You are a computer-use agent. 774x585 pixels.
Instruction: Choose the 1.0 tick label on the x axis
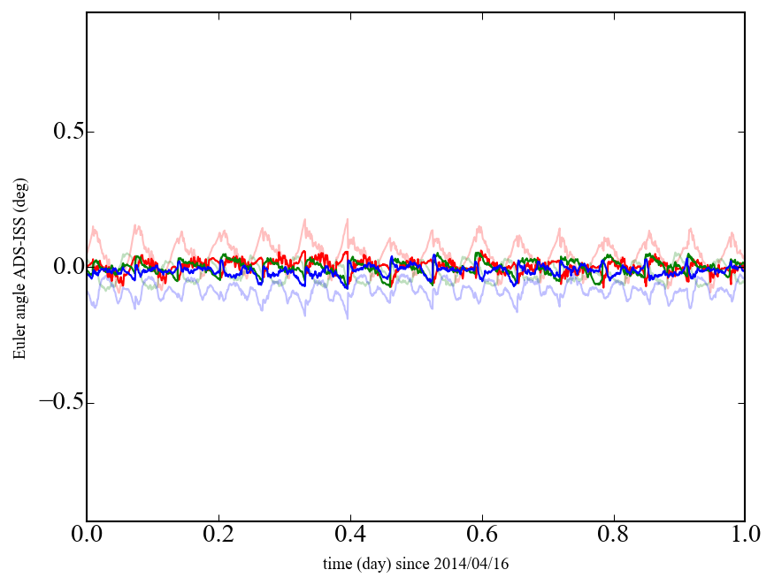coord(744,536)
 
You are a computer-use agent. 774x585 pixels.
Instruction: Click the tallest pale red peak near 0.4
coord(348,219)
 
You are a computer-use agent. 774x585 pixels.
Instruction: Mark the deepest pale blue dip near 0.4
coord(347,317)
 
